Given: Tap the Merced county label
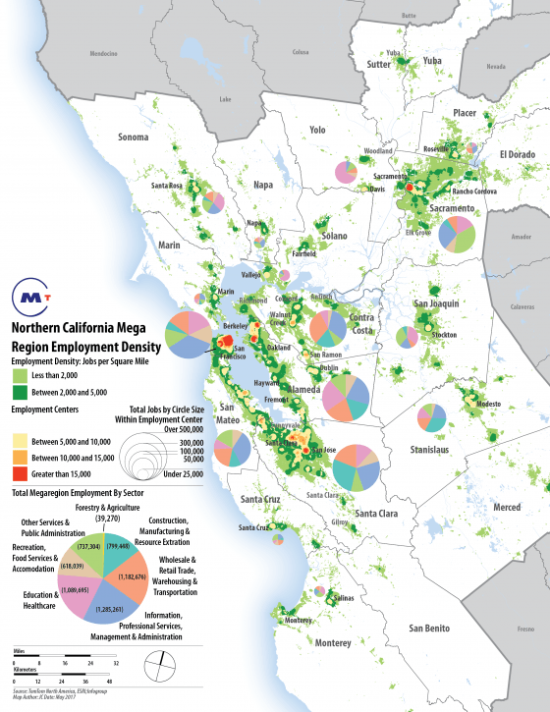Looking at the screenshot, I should coord(508,507).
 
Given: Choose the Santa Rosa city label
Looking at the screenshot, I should coord(167,186).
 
